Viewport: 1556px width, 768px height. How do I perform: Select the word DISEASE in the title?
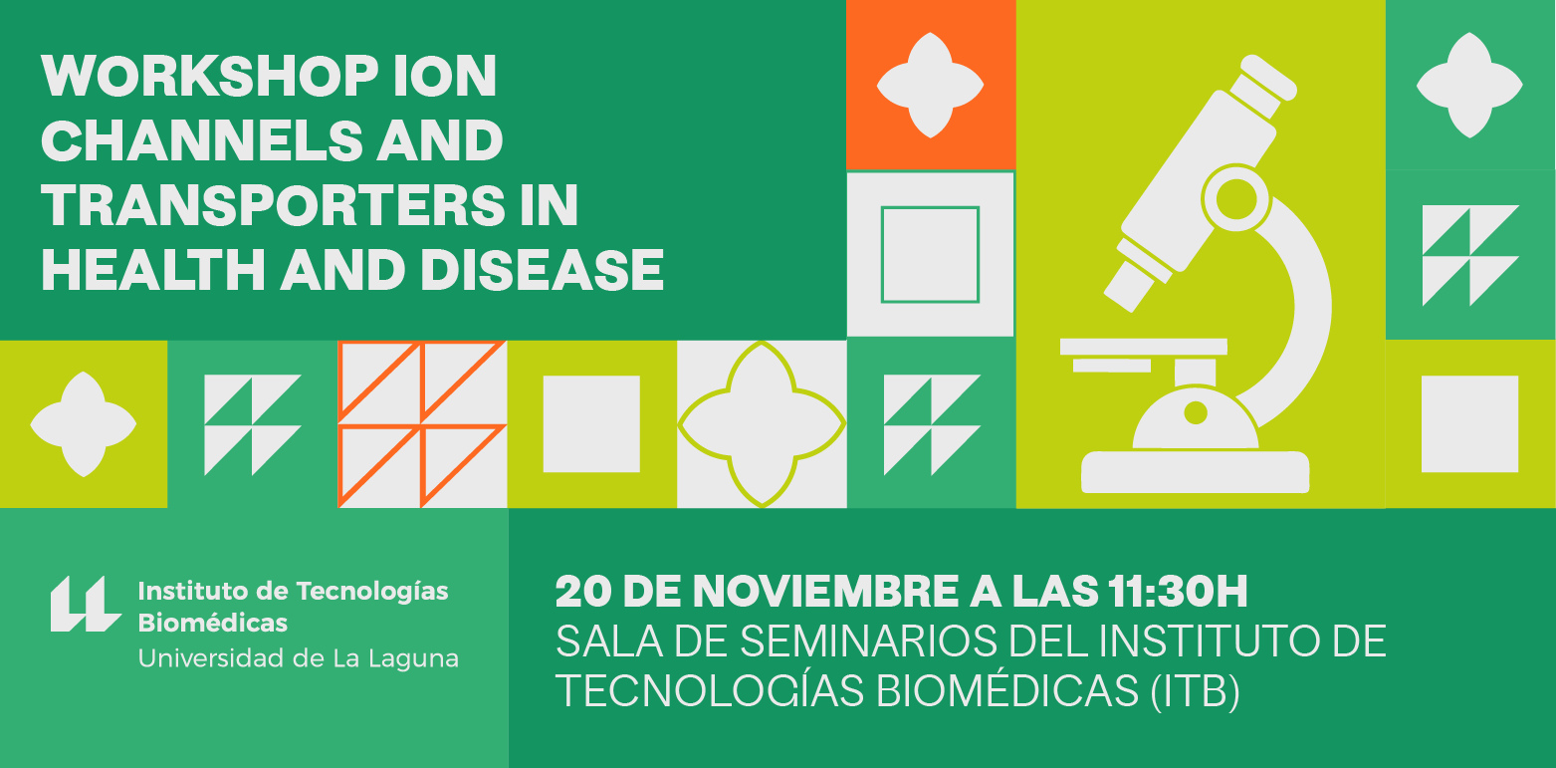(x=542, y=270)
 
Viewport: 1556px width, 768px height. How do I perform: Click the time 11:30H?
(x=1178, y=592)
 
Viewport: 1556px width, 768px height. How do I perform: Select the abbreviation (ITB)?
(x=1195, y=691)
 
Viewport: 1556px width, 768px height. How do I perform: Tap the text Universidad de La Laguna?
(x=298, y=658)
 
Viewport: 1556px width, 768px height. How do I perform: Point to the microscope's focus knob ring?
(x=1236, y=201)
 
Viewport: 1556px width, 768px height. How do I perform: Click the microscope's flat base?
(x=1195, y=472)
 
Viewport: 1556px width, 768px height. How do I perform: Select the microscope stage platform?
(x=1144, y=347)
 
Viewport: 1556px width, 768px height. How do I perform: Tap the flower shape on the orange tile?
(x=930, y=86)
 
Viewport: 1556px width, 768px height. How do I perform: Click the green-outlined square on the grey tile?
(x=930, y=206)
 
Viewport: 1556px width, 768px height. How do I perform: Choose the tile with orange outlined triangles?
(x=422, y=424)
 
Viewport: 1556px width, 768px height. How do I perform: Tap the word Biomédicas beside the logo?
(x=213, y=623)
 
